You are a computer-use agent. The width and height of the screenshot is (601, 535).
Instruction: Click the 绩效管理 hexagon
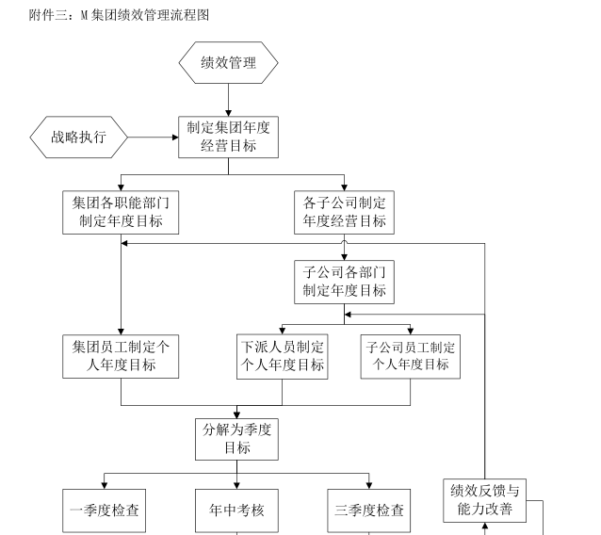229,63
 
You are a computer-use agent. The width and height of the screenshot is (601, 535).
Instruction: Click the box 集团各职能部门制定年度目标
121,212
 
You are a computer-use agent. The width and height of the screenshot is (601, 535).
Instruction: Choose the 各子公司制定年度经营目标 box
344,212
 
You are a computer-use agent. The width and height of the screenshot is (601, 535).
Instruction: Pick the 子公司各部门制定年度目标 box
344,282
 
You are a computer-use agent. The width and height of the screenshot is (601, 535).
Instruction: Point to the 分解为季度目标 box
236,439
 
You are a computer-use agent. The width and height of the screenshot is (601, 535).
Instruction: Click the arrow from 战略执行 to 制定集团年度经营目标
151,138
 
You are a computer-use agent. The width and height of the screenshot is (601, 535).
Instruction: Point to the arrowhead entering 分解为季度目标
236,413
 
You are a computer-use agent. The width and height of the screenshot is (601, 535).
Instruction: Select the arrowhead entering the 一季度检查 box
105,485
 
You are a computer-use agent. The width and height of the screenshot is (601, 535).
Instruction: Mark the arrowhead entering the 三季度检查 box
369,485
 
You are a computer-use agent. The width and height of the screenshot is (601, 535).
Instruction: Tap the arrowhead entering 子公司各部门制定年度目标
344,254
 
